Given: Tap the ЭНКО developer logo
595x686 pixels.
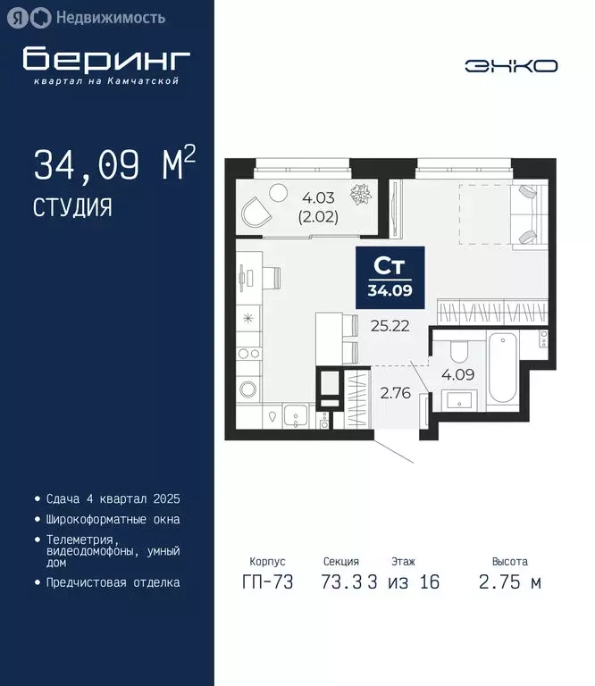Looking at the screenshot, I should coord(511,65).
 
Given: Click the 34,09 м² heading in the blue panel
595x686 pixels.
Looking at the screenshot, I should coord(113,165).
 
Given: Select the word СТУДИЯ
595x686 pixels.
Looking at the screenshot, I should coord(72,208).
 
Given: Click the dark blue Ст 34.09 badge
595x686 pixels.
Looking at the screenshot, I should coord(390,274).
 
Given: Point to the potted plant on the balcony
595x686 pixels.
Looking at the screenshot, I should coord(364,194).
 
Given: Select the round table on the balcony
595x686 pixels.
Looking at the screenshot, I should coord(279,190).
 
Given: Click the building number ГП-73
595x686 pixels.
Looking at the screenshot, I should coord(268,582).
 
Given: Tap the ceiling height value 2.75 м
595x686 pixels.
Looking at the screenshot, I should coord(509,582).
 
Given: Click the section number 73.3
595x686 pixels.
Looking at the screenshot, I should coord(340,582).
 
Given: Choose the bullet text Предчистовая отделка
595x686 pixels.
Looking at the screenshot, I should coord(113,582).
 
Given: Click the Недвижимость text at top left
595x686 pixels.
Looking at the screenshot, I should coord(110,17).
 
